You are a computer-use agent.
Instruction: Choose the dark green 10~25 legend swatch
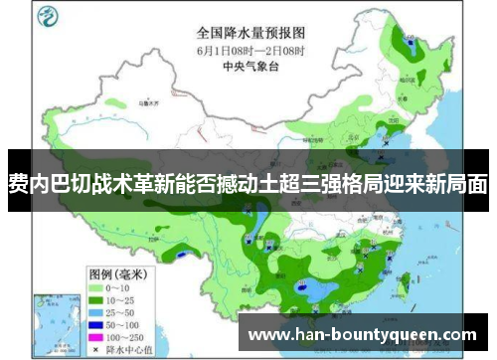(96, 271)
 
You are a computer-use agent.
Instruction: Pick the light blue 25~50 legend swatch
(96, 284)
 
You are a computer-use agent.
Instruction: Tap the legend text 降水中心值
(124, 322)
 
